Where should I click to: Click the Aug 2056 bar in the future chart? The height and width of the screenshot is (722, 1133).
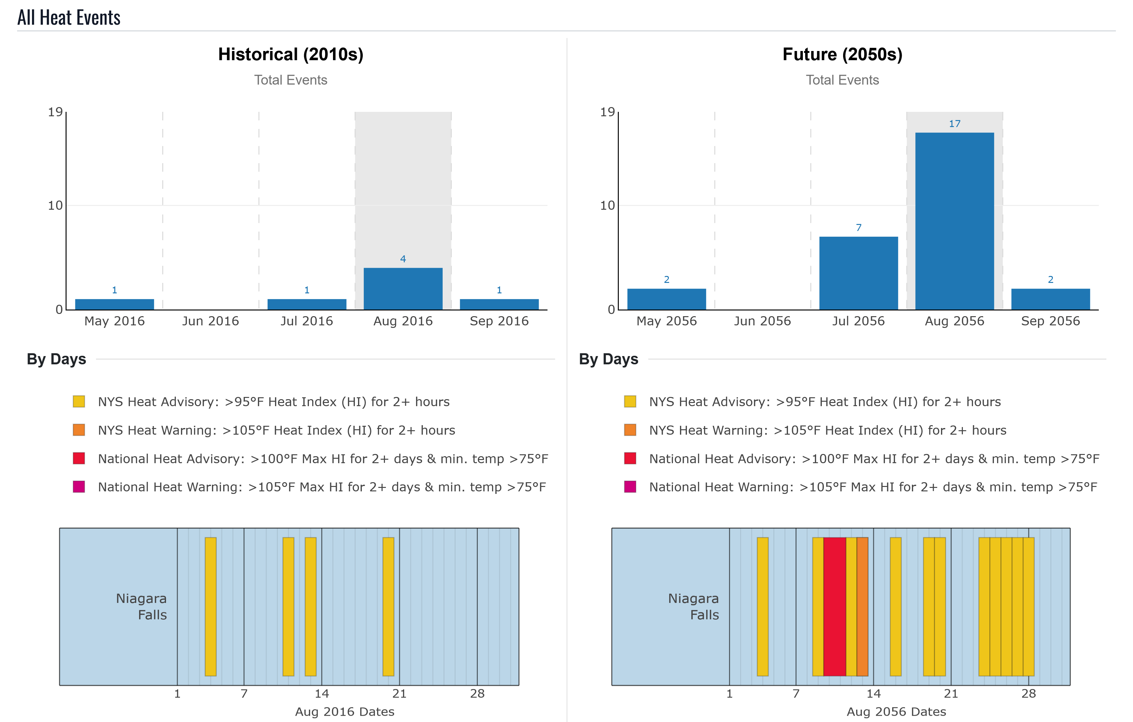[x=954, y=221]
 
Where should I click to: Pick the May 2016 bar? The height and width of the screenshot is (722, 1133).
[x=114, y=304]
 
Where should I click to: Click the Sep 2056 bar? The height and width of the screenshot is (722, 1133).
[x=1050, y=299]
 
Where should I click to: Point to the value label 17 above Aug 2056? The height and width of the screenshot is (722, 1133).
[x=954, y=124]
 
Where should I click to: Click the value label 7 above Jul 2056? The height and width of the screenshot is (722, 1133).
[x=859, y=228]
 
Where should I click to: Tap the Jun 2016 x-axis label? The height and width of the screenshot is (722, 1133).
[x=210, y=321]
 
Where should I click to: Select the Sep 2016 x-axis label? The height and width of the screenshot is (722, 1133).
[x=499, y=321]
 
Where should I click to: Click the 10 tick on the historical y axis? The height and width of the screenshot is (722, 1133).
[x=55, y=206]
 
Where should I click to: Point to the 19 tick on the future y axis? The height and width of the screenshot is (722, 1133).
[x=607, y=112]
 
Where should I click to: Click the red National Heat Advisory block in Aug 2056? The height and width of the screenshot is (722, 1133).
[x=835, y=607]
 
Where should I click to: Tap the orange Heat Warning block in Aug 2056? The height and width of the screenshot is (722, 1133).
[x=862, y=607]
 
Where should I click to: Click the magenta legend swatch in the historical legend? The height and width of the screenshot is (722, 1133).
[x=79, y=487]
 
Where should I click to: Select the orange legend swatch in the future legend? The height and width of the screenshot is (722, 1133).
[x=630, y=430]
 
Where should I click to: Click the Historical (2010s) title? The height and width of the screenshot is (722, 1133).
[x=291, y=54]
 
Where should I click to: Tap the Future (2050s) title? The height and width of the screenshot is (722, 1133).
[x=842, y=54]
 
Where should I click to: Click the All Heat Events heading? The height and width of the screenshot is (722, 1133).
[x=69, y=18]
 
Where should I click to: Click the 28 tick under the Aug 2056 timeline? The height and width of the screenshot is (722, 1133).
[x=1028, y=694]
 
